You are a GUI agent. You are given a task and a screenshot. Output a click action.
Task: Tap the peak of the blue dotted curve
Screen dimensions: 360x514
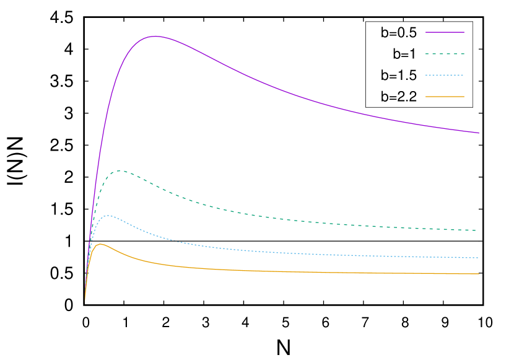click(x=109, y=216)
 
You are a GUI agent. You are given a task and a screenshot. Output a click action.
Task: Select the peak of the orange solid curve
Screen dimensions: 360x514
click(x=101, y=244)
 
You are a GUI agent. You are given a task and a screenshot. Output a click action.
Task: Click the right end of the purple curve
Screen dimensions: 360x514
click(x=479, y=133)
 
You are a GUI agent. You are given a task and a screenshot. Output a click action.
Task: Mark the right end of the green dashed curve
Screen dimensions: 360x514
click(x=476, y=230)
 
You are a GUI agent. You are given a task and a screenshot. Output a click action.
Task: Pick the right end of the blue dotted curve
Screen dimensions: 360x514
click(x=479, y=258)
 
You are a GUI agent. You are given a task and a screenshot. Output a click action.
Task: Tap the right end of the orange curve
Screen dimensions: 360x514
click(x=479, y=274)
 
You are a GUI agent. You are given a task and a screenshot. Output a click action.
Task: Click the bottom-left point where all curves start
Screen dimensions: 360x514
click(x=85, y=301)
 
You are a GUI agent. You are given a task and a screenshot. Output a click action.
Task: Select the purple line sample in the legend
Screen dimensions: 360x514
click(x=445, y=32)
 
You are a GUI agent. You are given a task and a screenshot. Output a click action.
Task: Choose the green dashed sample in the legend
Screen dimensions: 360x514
click(x=445, y=54)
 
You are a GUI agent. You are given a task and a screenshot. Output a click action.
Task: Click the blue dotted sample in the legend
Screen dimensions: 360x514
click(x=445, y=75)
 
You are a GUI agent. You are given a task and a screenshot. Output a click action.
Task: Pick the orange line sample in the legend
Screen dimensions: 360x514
click(x=445, y=97)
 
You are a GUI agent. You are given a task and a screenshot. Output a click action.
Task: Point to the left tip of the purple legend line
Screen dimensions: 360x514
click(x=426, y=32)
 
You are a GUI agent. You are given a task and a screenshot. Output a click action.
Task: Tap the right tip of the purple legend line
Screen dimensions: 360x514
click(x=464, y=32)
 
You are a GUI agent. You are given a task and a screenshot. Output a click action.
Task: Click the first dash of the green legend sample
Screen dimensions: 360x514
click(x=428, y=54)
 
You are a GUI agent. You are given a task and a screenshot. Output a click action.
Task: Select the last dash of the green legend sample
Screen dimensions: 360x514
click(x=462, y=54)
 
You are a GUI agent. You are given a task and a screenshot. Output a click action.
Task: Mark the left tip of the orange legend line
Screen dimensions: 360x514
click(x=426, y=97)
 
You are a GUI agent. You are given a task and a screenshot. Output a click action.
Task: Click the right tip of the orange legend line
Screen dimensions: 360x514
click(x=464, y=97)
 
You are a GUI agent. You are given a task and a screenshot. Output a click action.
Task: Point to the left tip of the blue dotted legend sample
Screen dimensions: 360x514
click(x=426, y=75)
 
